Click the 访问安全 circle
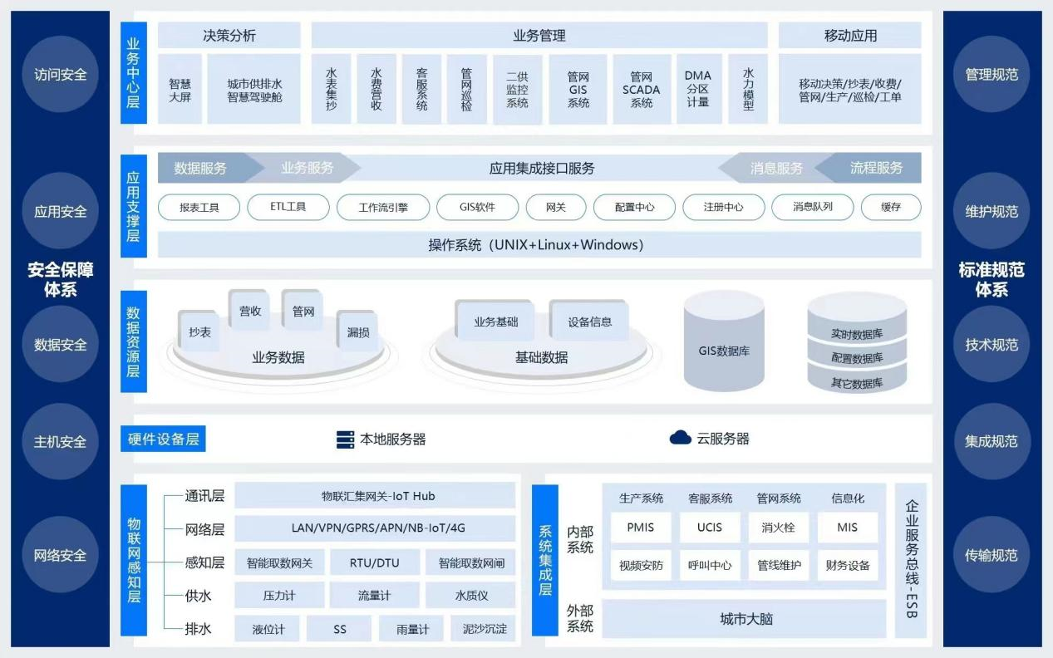click(60, 75)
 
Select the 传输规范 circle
click(991, 555)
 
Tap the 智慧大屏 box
click(180, 90)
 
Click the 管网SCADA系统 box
click(641, 90)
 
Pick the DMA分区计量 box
click(698, 89)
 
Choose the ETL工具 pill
click(288, 207)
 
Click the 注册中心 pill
click(723, 207)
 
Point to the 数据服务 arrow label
click(200, 168)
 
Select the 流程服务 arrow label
click(876, 168)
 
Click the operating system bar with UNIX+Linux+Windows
click(539, 245)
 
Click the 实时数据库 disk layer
click(857, 333)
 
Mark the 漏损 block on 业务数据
click(358, 331)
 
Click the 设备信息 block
click(589, 322)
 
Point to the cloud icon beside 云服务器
click(681, 438)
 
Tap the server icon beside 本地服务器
click(345, 439)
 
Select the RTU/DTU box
click(375, 563)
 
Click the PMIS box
click(641, 528)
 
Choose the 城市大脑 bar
click(745, 619)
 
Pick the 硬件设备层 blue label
click(163, 439)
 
